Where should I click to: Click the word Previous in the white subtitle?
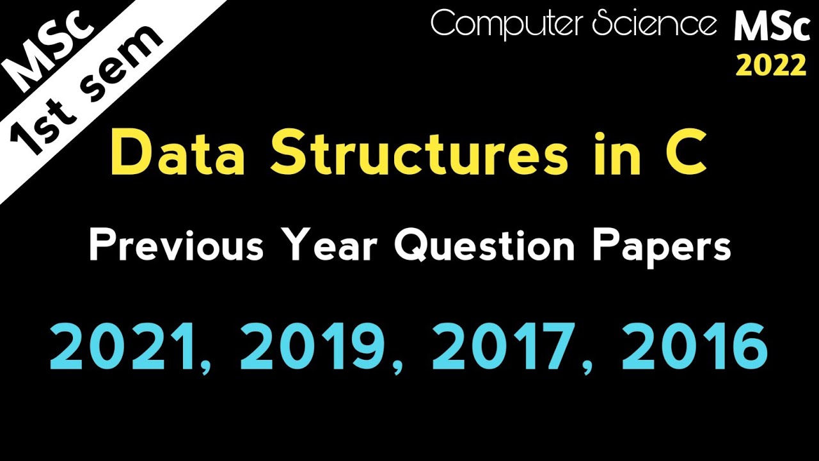point(176,245)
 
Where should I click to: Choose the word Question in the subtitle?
point(484,246)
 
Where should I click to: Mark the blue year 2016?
point(695,348)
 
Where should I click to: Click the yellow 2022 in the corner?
point(771,65)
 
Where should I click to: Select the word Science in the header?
point(653,24)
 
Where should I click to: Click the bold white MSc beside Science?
point(771,27)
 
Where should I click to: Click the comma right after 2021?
point(205,367)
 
